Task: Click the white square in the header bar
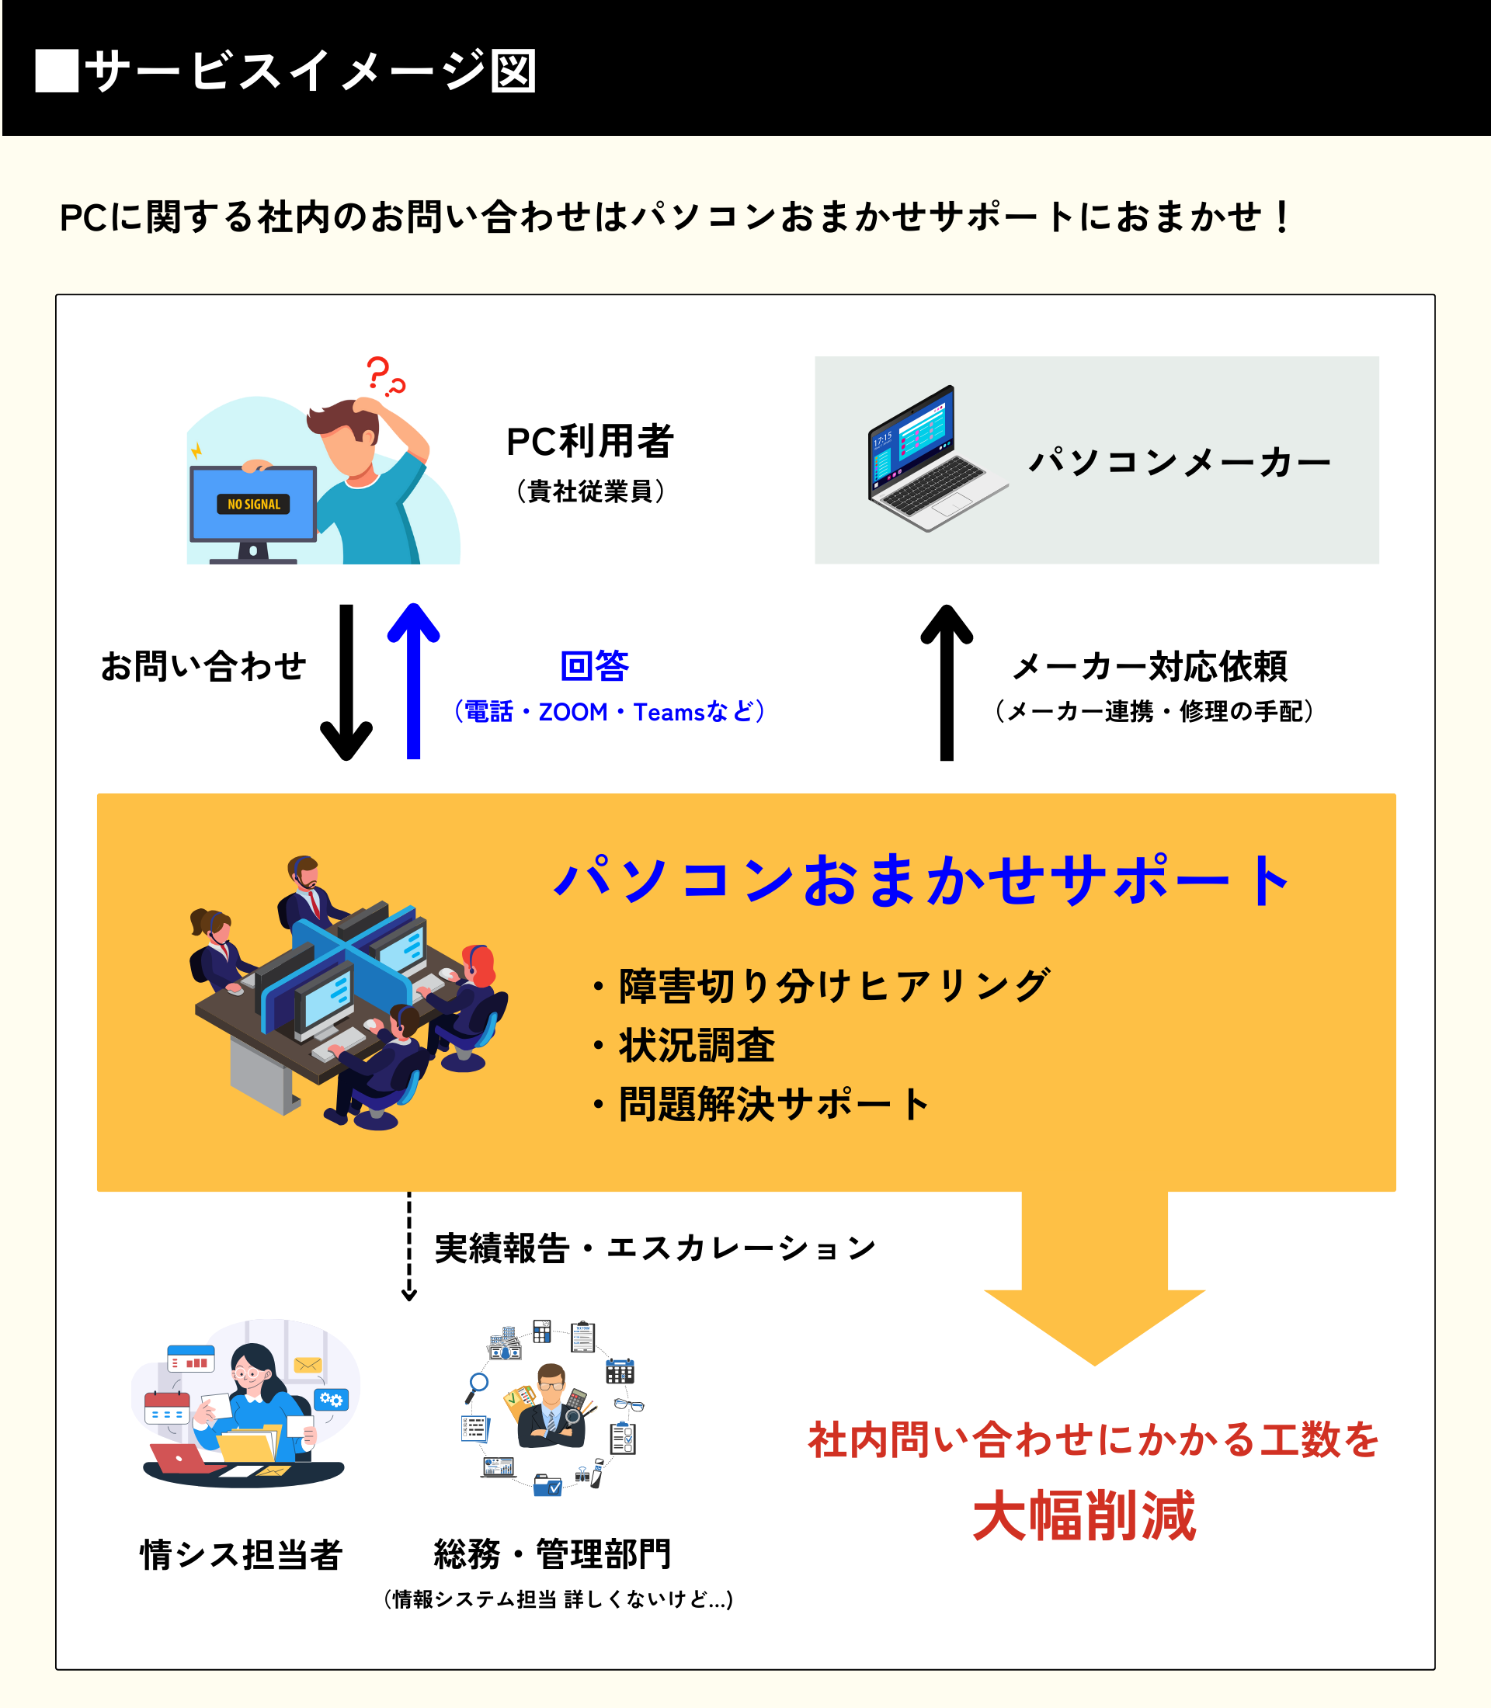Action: [57, 71]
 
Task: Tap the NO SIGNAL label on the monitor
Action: [254, 504]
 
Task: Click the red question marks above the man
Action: [384, 376]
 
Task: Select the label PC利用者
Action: [589, 442]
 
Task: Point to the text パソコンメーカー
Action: [1179, 463]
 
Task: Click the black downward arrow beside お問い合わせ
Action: [346, 682]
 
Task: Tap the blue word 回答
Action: [594, 666]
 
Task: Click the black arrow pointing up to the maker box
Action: [946, 682]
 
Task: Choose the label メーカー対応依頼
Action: [1150, 666]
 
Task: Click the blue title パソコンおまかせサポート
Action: [922, 880]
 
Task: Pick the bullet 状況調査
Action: [697, 1046]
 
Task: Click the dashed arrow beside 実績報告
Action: [408, 1246]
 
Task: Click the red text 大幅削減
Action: [1084, 1515]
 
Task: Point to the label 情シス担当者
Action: [242, 1554]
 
